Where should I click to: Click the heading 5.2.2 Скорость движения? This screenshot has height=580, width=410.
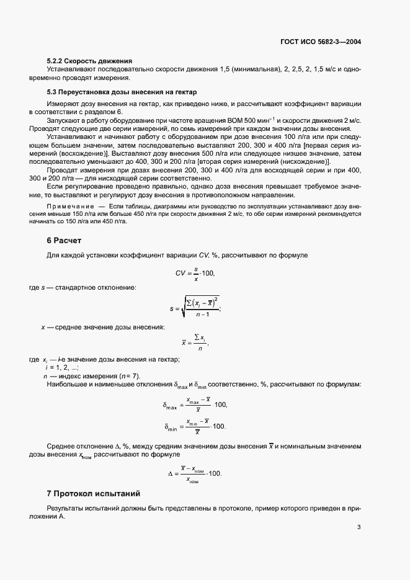pos(89,61)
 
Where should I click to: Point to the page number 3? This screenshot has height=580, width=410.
pos(359,527)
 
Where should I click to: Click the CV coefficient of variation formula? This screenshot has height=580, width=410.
pos(195,273)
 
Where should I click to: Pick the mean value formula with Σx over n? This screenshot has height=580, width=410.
pos(195,341)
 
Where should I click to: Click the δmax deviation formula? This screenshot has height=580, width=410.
pos(195,404)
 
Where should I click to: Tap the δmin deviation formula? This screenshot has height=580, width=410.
pos(195,426)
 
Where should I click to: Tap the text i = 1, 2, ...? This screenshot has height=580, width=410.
pos(58,368)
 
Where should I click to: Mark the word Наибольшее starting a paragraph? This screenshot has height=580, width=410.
pos(69,385)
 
